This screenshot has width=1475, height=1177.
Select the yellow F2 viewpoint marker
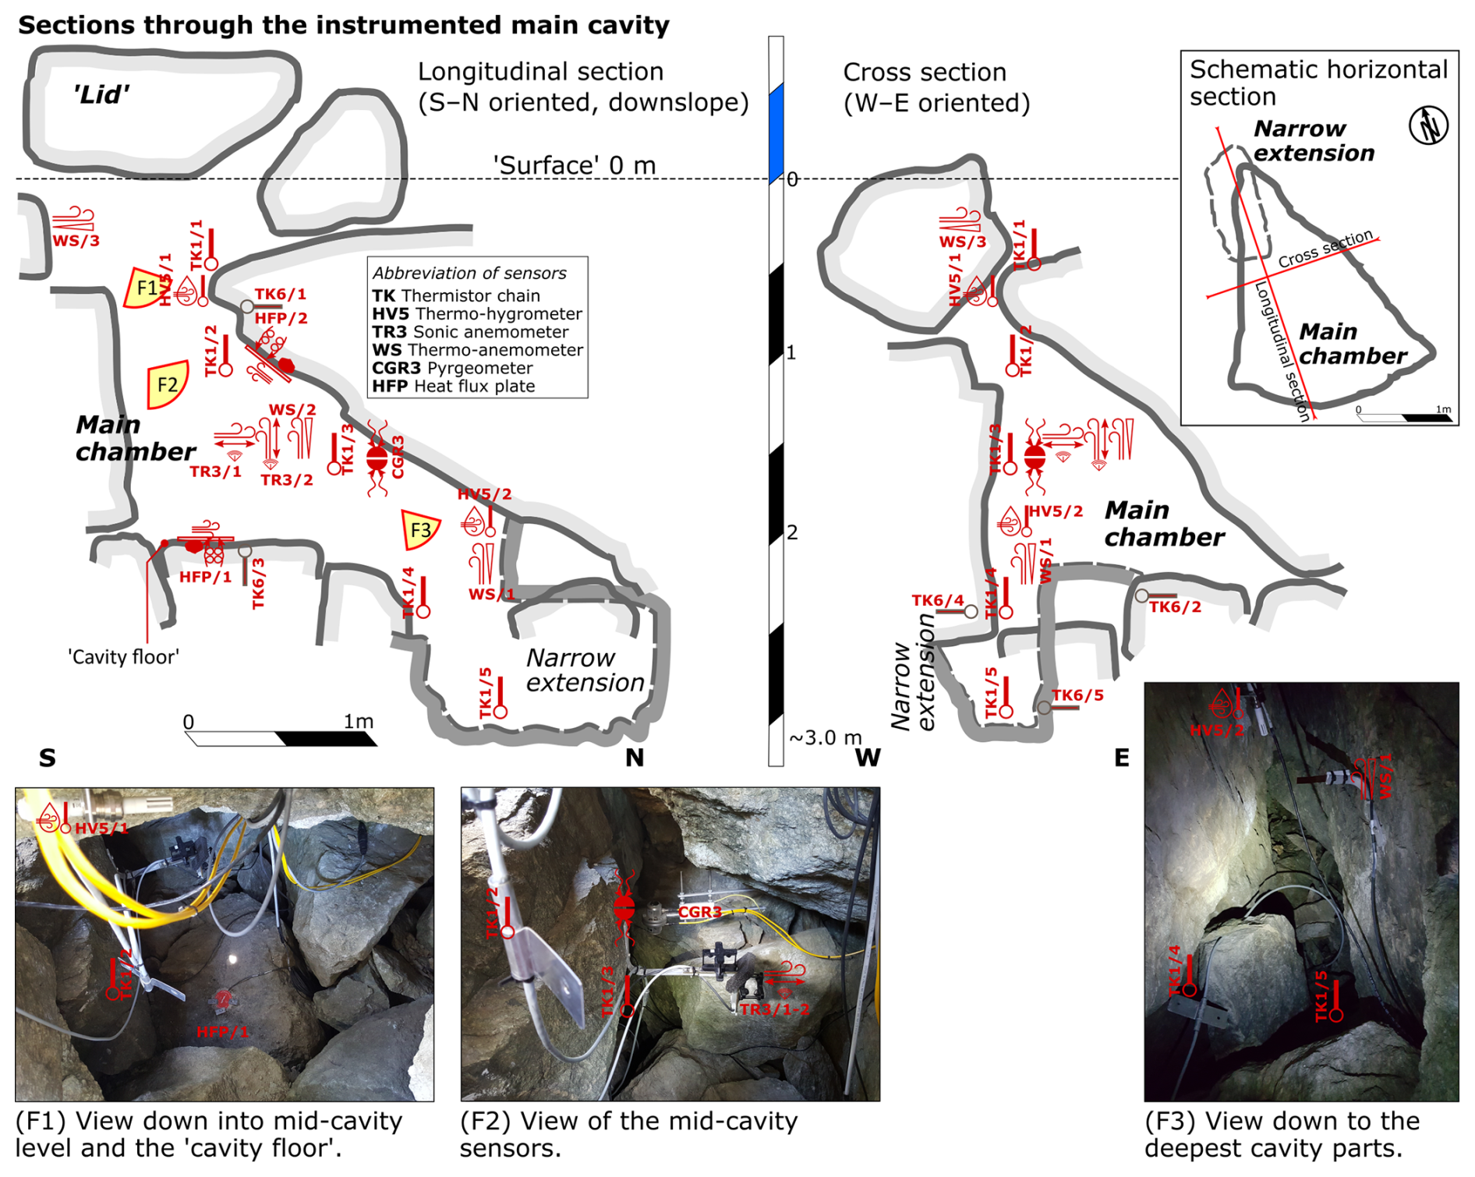click(167, 384)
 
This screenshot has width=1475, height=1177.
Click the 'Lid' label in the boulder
click(101, 95)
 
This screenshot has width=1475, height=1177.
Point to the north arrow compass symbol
click(1428, 125)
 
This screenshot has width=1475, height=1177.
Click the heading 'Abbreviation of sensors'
click(469, 273)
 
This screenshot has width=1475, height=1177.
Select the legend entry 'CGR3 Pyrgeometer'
click(452, 368)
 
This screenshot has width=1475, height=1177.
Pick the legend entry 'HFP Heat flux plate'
click(453, 386)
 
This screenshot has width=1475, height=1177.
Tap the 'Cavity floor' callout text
click(123, 657)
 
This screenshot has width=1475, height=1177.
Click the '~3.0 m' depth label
click(826, 737)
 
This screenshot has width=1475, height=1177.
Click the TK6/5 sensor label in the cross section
click(1077, 695)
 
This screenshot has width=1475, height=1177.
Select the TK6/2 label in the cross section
click(1175, 607)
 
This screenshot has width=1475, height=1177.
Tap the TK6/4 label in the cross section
click(938, 600)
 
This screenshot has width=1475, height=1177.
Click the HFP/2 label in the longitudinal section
click(281, 318)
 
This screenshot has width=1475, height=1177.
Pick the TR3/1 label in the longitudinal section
click(215, 472)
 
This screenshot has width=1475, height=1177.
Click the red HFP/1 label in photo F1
click(222, 1032)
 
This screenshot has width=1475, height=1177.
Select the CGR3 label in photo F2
click(699, 912)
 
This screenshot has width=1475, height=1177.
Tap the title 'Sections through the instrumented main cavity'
click(343, 25)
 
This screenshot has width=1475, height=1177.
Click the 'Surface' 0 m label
click(574, 165)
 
